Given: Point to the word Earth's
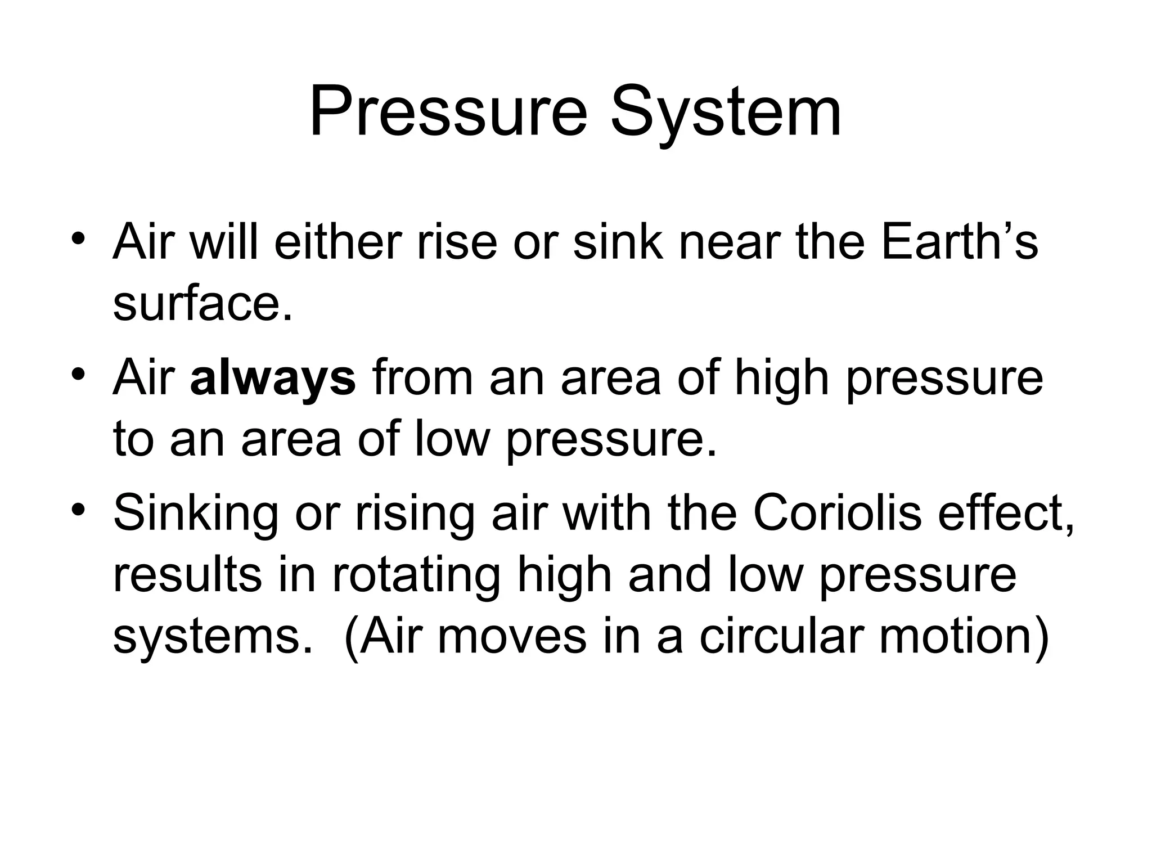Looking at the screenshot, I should pyautogui.click(x=959, y=242).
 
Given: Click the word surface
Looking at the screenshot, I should pyautogui.click(x=202, y=304).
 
